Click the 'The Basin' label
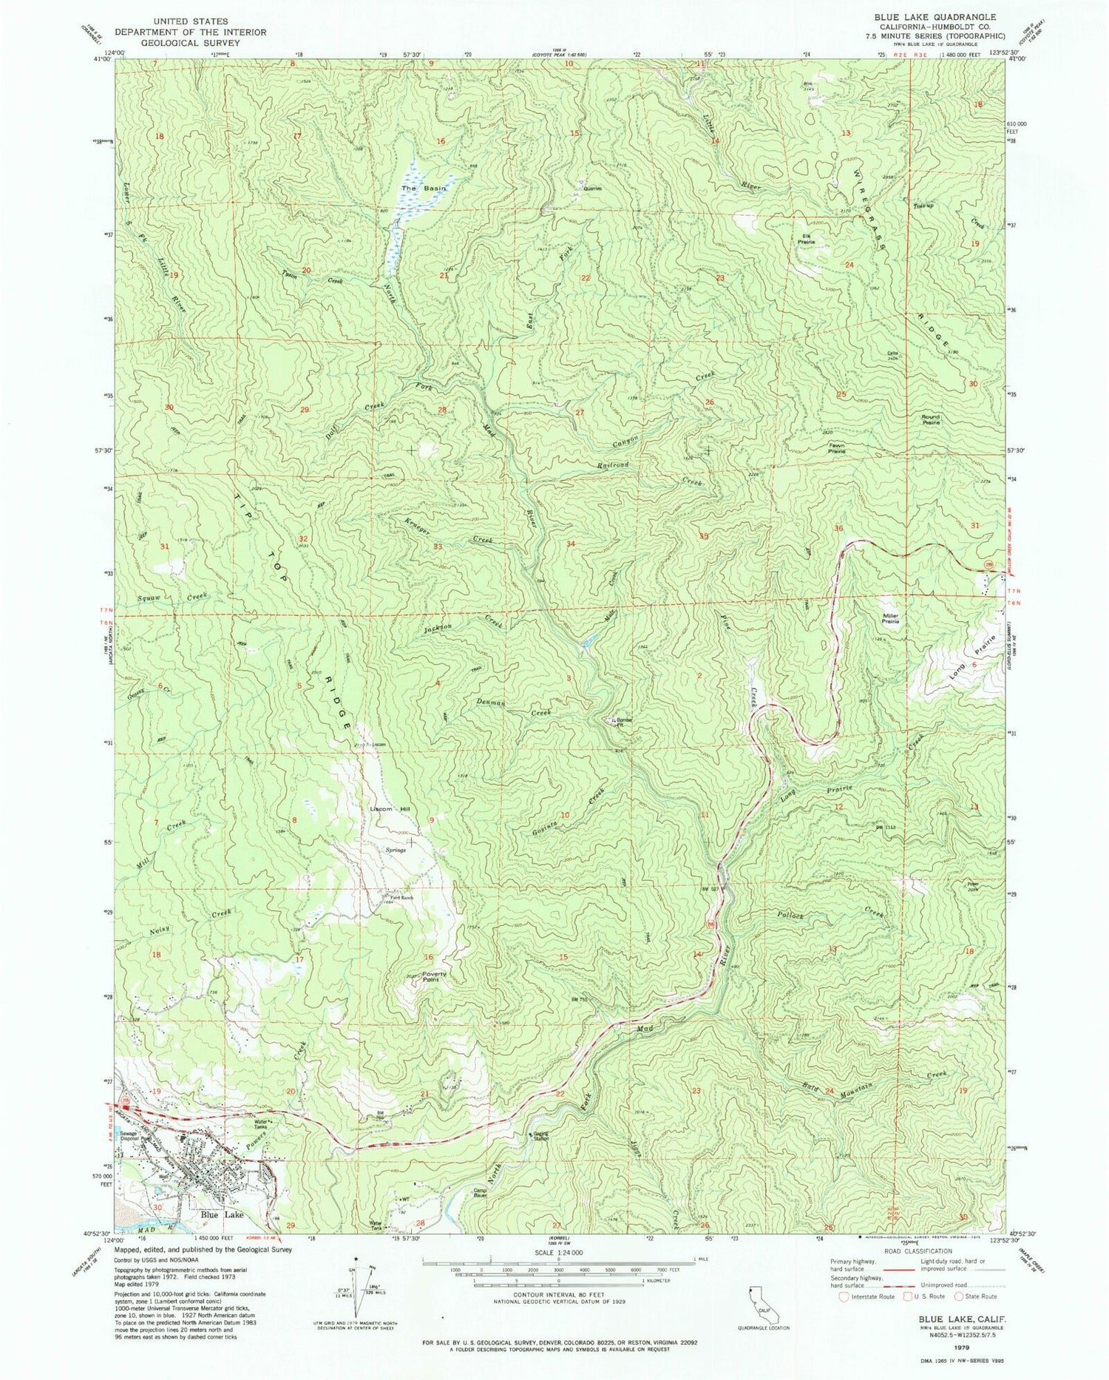tap(414, 189)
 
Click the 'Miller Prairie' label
tap(890, 618)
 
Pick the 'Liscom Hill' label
tap(390, 809)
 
